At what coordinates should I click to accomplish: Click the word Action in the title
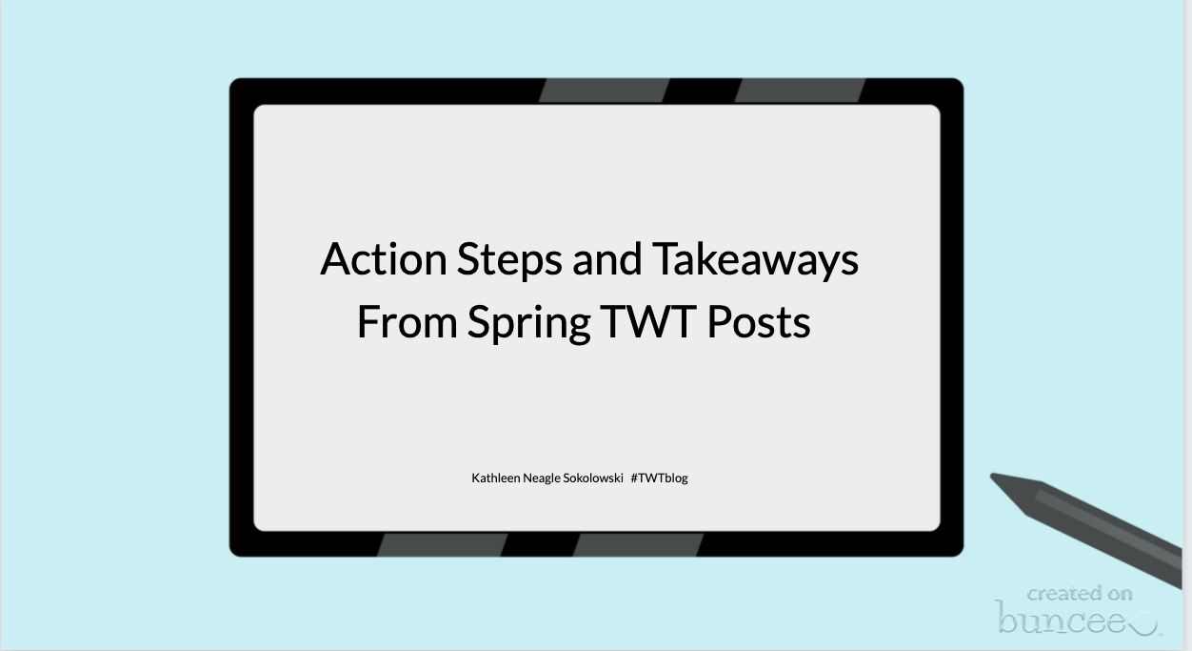(x=384, y=259)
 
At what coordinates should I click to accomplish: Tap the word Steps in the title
(x=509, y=261)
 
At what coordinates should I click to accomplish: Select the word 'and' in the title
(x=606, y=259)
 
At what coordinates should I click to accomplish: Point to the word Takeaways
(x=755, y=261)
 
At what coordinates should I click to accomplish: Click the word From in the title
(x=407, y=322)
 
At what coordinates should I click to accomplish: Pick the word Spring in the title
(x=529, y=324)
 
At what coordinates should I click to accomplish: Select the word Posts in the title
(x=759, y=322)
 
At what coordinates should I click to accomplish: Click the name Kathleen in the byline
(x=496, y=478)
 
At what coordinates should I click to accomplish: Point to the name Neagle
(x=541, y=478)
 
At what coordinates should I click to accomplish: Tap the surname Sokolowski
(x=593, y=478)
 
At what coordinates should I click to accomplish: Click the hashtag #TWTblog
(x=660, y=478)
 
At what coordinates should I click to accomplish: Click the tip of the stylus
(x=991, y=474)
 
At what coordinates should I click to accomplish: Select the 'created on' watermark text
(x=1080, y=593)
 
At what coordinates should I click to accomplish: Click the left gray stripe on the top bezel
(x=604, y=91)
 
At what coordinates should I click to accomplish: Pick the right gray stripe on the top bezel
(x=800, y=91)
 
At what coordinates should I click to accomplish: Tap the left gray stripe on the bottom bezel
(x=442, y=545)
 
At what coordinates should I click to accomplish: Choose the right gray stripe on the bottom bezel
(x=638, y=545)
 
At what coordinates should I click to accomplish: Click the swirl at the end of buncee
(x=1144, y=624)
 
